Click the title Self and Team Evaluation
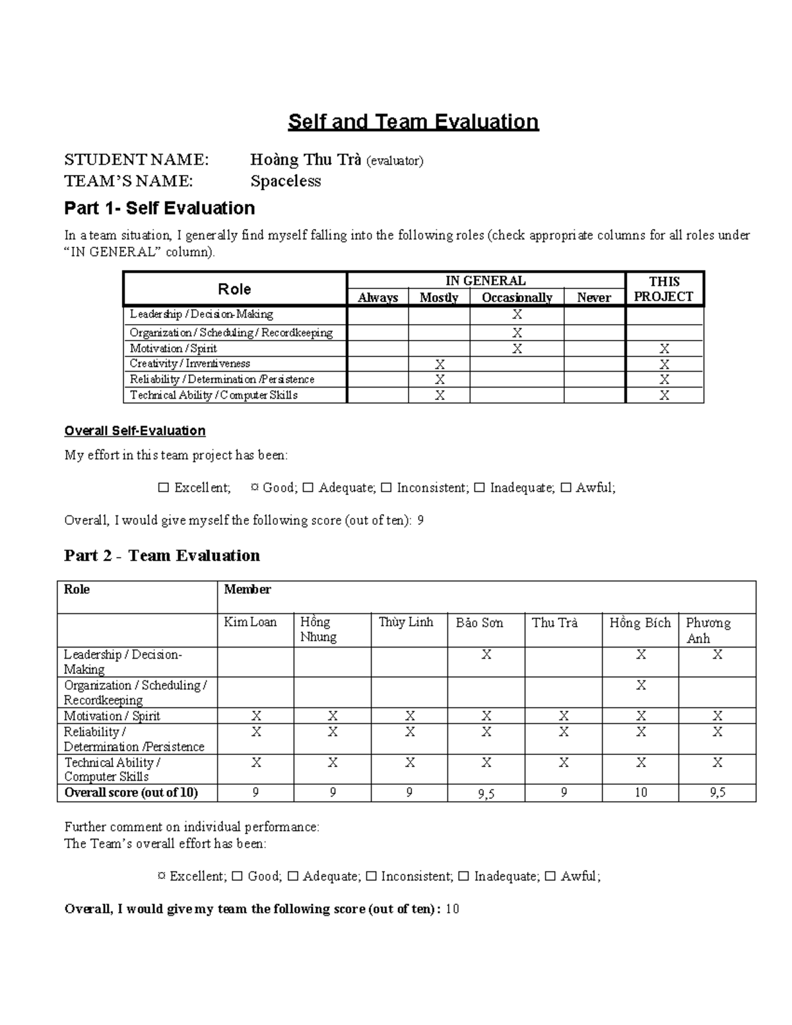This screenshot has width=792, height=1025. coord(413,122)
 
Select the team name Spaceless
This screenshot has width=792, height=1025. coord(285,182)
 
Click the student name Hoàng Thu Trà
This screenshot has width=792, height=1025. coord(305,160)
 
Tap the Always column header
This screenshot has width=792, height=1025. coord(378,298)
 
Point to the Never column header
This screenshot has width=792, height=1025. coord(594,298)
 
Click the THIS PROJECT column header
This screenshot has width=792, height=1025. coord(664,289)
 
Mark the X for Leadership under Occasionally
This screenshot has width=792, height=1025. coord(517,315)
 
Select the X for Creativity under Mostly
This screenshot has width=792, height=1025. coord(440,364)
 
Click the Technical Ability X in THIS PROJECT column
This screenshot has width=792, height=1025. coord(664,395)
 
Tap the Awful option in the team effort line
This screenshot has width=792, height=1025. coord(579,876)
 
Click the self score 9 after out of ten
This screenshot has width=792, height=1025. coord(421,521)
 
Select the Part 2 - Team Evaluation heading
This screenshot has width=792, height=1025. coord(162,556)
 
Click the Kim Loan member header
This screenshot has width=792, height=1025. coord(250,622)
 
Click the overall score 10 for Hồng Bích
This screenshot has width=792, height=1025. coord(641,793)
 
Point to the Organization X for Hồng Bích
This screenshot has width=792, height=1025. coord(641,686)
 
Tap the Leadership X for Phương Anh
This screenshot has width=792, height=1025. coord(717,655)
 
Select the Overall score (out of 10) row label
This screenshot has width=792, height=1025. coord(131,793)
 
